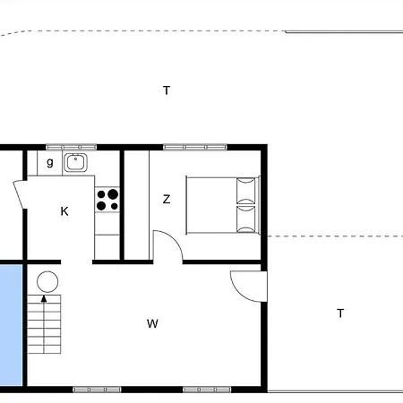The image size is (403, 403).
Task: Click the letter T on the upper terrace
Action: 167,90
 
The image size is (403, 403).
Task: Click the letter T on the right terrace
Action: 340,313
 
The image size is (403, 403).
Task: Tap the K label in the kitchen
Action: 64,211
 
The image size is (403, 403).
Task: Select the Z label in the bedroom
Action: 167,200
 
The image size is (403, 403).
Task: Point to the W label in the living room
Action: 152,323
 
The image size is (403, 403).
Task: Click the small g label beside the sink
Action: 50,162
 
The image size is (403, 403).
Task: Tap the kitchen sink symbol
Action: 74,162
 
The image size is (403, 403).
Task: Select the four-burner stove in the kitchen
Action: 107,199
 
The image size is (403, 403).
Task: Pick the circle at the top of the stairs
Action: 47,280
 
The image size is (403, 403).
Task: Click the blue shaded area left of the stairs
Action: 9,322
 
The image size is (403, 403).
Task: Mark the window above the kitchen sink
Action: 71,146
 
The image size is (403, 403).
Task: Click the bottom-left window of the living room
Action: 97,390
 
